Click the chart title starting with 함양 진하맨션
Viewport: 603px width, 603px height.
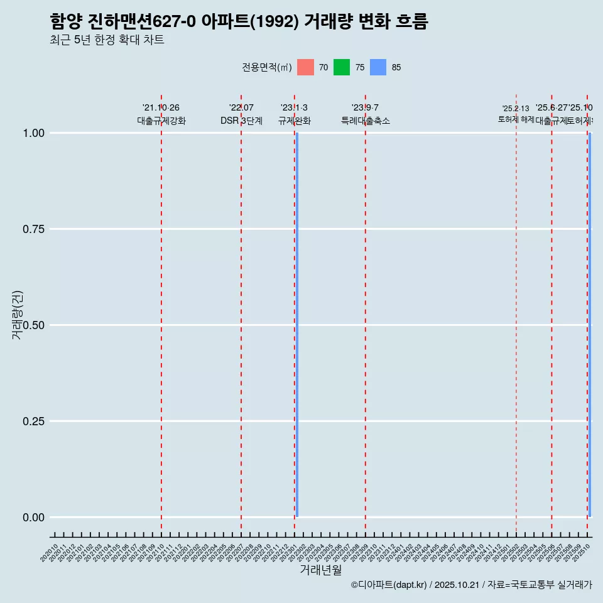pos(239,22)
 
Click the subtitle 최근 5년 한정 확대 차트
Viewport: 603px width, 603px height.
pos(107,40)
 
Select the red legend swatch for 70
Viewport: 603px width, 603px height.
pos(305,67)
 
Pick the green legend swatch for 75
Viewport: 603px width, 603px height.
pos(342,67)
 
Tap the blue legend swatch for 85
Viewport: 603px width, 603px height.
pos(378,67)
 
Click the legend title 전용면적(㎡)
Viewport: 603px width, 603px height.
pos(266,67)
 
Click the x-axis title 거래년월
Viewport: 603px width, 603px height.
pos(320,570)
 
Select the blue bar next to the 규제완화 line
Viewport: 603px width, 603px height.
pos(296,325)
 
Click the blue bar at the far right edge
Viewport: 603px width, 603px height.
pos(590,325)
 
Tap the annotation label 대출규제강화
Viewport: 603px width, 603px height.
pos(161,121)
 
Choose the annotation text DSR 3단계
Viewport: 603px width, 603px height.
pos(241,121)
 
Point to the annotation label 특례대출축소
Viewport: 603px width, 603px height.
pos(366,121)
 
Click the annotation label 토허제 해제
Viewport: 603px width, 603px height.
pos(516,119)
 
